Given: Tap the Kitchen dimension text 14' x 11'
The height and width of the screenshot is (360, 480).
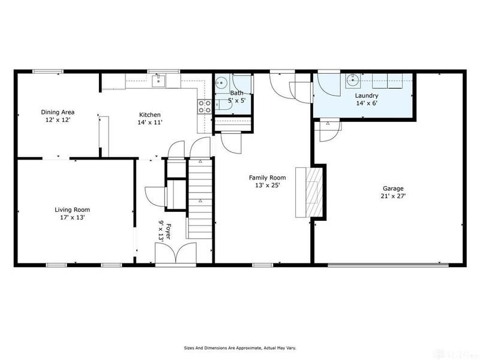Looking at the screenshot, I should tap(150, 122).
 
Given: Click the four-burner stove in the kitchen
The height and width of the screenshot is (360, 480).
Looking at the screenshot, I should tap(205, 106).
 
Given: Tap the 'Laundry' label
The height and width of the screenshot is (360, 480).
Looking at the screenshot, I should tap(366, 95).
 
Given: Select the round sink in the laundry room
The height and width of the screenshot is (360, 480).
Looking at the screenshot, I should tap(353, 79).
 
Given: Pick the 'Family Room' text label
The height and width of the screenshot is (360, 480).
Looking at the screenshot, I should tap(268, 178).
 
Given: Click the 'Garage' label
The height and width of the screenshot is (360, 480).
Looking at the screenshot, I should tap(393, 188).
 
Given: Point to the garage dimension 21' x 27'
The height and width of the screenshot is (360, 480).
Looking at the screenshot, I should tap(393, 196).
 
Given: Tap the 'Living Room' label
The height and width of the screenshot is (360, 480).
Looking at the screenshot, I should tap(72, 209).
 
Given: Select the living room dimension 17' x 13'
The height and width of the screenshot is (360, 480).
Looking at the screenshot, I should tap(72, 217).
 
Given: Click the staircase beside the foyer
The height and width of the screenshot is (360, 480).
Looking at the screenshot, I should tap(200, 198).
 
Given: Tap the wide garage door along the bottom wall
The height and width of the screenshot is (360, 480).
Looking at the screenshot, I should tap(388, 264).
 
